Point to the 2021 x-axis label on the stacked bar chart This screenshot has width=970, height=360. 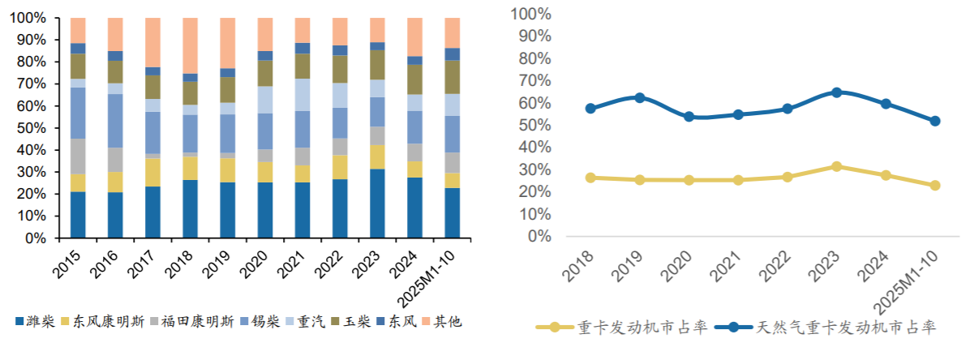point(298,262)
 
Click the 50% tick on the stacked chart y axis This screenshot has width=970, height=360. point(32,128)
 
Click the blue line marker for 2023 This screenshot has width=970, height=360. point(836,92)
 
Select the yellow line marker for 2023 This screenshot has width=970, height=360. point(836,166)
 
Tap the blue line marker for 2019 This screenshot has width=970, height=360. point(640,97)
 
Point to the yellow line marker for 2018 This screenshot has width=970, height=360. point(590,178)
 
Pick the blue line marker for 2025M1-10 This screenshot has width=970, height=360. point(935,121)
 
